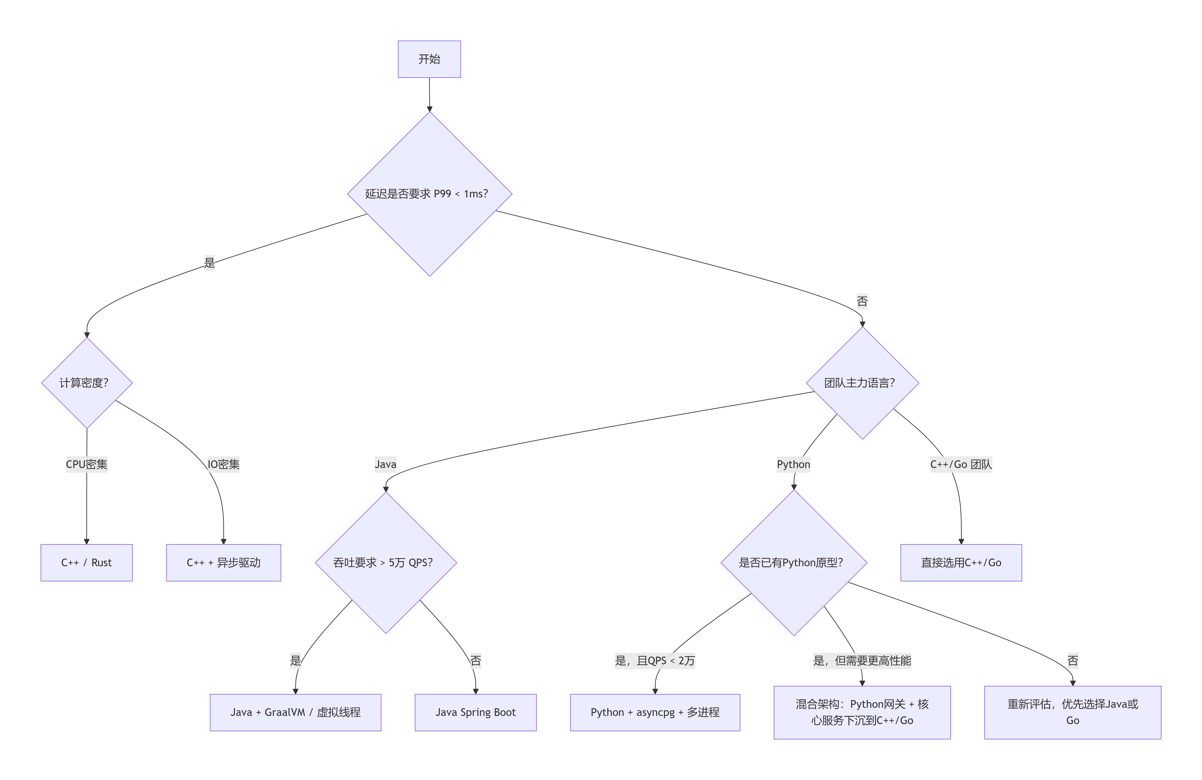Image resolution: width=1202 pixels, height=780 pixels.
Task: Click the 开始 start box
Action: click(x=429, y=59)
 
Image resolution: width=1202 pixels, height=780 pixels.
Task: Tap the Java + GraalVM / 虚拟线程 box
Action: click(x=296, y=712)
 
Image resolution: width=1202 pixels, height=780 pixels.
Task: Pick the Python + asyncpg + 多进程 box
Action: click(x=655, y=712)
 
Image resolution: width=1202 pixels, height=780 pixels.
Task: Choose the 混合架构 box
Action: click(x=862, y=712)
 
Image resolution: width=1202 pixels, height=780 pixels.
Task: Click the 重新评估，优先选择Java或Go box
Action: click(x=1073, y=712)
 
